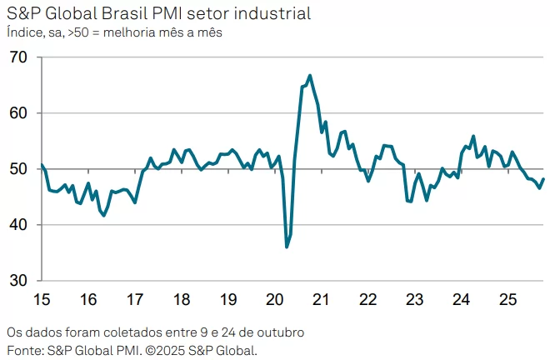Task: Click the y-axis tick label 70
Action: (18, 57)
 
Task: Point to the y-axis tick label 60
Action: (18, 113)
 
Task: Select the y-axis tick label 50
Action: (18, 169)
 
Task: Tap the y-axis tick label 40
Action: (18, 225)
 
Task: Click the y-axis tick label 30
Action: (18, 281)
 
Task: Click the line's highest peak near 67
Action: (310, 76)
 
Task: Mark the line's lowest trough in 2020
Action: (287, 247)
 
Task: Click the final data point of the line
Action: (543, 179)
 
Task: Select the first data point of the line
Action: (42, 165)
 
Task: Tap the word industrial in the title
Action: (271, 14)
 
